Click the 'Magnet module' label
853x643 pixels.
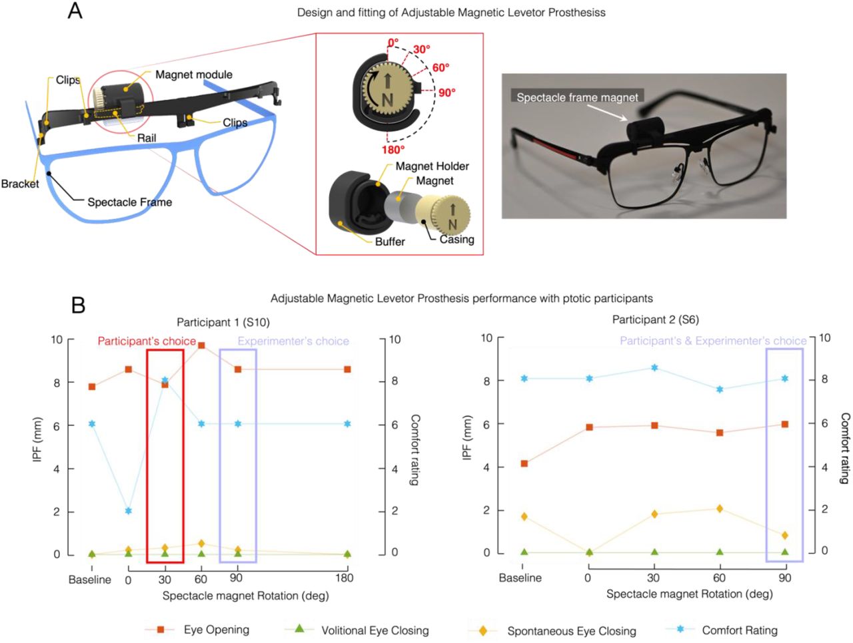tap(193, 75)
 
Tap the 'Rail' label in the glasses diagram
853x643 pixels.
tap(147, 138)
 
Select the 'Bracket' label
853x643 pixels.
tap(20, 184)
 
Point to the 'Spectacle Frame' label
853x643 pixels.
tap(129, 202)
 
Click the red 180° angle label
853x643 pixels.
tap(393, 150)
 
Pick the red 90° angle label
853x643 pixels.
tap(447, 93)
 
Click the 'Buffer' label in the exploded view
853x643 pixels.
tap(390, 242)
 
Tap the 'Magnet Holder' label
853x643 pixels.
tap(432, 166)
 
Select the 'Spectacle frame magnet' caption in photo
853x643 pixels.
tap(577, 97)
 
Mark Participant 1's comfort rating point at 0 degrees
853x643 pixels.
tap(128, 511)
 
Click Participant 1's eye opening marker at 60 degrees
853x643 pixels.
tap(201, 345)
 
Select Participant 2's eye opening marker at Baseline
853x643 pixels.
tap(524, 463)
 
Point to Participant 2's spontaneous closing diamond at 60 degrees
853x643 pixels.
tap(720, 509)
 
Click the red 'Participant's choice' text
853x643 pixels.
tap(147, 341)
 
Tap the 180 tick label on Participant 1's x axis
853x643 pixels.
tap(345, 578)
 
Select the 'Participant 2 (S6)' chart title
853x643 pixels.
tap(656, 320)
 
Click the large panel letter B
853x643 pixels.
tap(78, 306)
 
